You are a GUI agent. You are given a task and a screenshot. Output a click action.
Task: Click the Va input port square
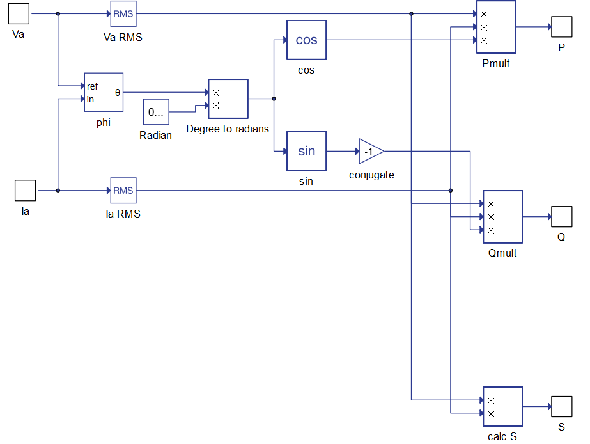coord(19,14)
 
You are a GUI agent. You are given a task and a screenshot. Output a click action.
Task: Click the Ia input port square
coord(25,191)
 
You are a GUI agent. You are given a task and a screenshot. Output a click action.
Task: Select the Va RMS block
coord(123,13)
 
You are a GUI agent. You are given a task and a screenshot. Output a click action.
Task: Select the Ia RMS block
coord(123,191)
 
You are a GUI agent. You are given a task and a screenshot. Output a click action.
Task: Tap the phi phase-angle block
coord(104,92)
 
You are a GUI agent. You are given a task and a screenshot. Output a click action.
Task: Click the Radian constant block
coord(156,112)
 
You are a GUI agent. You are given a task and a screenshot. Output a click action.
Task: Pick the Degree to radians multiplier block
coord(228,99)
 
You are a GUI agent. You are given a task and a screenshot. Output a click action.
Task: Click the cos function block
coord(306,40)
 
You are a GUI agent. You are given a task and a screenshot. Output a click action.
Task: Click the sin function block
coord(306,151)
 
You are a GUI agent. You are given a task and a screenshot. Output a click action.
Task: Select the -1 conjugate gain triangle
coord(370,152)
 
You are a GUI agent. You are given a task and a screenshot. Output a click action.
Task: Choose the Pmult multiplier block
coord(496,27)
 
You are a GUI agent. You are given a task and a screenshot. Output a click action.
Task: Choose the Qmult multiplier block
coord(502,216)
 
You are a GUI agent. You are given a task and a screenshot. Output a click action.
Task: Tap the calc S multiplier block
coord(502,407)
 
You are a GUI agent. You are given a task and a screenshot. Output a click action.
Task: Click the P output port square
coord(562,27)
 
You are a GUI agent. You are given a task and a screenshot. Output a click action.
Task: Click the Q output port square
coord(562,216)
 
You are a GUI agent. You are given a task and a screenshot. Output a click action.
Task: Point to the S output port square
coord(562,407)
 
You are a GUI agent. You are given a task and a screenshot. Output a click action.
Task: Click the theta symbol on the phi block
coord(118,92)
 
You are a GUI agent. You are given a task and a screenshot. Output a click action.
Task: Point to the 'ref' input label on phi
coord(92,86)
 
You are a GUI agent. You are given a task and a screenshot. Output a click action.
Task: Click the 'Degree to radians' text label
coord(228,129)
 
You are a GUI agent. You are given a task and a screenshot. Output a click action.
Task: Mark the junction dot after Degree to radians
coord(274,99)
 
